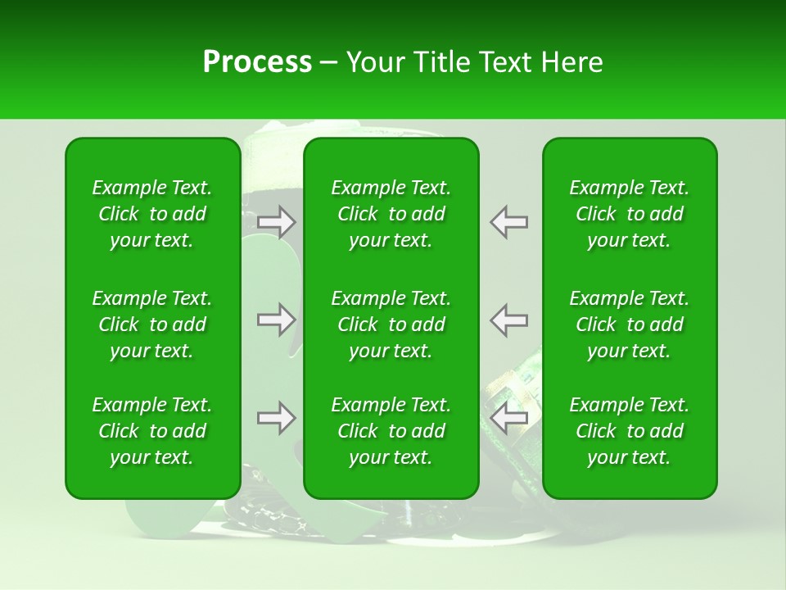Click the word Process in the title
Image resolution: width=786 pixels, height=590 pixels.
click(257, 62)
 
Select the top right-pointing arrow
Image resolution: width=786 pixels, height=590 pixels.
click(276, 222)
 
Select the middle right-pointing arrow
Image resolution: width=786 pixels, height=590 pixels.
click(276, 320)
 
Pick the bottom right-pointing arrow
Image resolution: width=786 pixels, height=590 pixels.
click(276, 418)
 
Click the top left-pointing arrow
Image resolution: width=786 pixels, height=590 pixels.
click(509, 222)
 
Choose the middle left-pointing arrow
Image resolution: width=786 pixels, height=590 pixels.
click(509, 320)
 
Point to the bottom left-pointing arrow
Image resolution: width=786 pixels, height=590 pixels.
click(509, 418)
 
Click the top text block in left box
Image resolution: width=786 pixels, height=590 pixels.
click(152, 214)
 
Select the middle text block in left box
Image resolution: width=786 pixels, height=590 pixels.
click(152, 324)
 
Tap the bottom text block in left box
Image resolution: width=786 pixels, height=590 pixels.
click(152, 431)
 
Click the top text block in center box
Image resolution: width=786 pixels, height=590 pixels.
click(391, 214)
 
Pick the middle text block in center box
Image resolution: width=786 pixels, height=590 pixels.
click(391, 324)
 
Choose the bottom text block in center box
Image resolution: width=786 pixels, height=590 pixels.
click(391, 431)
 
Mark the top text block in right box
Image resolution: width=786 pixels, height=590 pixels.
click(629, 214)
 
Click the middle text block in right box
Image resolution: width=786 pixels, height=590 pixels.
click(629, 324)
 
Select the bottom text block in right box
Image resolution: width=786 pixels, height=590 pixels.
click(629, 431)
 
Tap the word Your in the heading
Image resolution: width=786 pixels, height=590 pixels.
click(374, 62)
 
